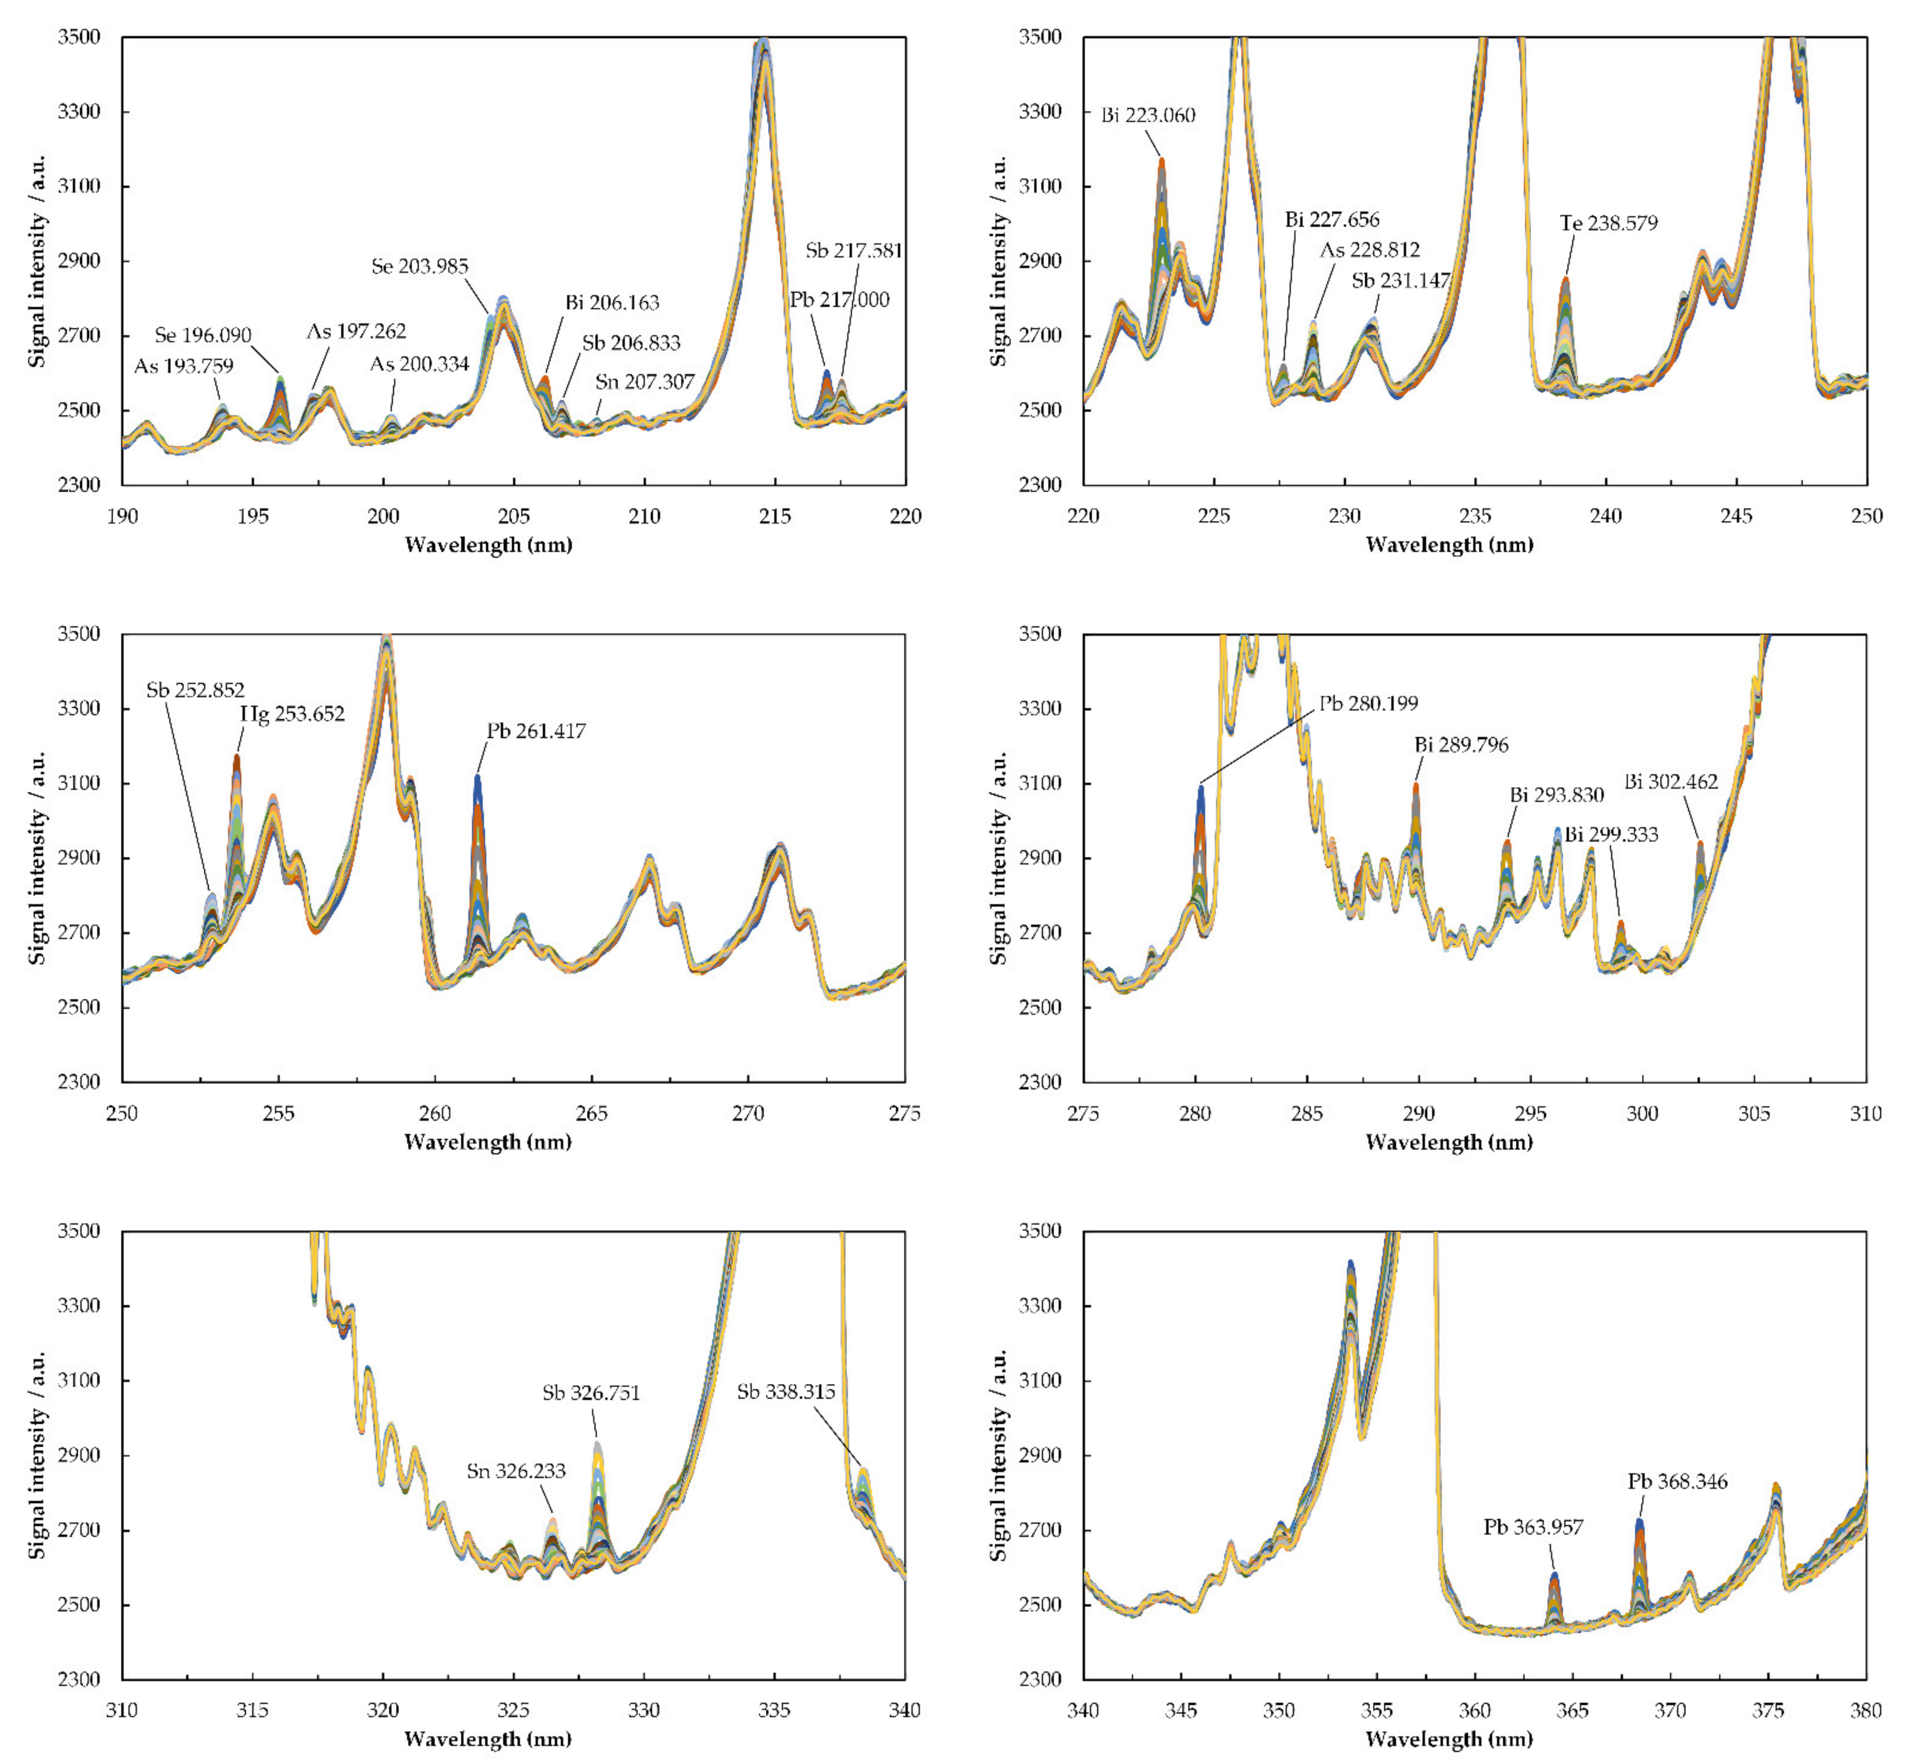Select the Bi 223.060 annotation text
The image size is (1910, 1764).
(1148, 116)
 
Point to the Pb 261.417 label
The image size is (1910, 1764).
(537, 731)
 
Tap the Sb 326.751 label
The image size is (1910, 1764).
(591, 1393)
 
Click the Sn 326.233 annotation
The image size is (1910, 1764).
(515, 1471)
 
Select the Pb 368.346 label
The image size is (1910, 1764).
(1677, 1481)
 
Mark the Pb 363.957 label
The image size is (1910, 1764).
(1533, 1527)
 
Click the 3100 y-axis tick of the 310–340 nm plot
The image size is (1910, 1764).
(78, 1380)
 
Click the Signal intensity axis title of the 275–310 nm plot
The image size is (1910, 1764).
(999, 857)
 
